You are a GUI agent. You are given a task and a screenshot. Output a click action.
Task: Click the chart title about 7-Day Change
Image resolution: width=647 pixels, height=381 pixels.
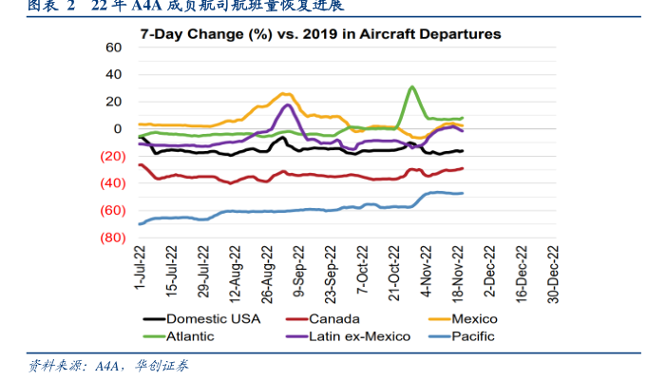[x=320, y=34]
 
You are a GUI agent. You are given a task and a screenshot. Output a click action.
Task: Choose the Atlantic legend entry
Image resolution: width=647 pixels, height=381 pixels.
[x=190, y=335]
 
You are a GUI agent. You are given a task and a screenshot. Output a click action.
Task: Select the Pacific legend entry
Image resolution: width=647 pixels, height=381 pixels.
[x=474, y=335]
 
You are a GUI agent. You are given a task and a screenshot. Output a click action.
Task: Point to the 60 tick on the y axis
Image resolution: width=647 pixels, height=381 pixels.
[x=114, y=48]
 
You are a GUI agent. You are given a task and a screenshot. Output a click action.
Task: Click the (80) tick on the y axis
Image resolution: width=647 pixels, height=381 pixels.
[x=110, y=238]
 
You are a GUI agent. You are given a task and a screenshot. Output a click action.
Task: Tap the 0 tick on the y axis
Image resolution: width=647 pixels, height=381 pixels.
[x=118, y=129]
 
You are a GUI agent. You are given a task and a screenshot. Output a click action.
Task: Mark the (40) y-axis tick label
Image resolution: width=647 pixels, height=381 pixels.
[x=110, y=183]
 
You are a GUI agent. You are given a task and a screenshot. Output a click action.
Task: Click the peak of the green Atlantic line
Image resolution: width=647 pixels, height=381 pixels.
[x=411, y=86]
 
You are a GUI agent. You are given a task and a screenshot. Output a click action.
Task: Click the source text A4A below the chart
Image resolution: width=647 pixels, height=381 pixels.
[x=110, y=366]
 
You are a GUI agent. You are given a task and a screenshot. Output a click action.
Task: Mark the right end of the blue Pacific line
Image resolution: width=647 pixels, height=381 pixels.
[x=463, y=193]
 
